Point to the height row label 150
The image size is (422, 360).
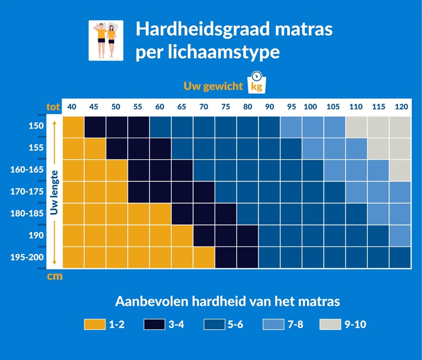pyautogui.click(x=36, y=126)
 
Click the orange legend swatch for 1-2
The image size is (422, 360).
pyautogui.click(x=94, y=324)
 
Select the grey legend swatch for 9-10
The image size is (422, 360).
pyautogui.click(x=330, y=324)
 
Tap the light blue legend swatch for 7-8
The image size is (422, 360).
pyautogui.click(x=273, y=324)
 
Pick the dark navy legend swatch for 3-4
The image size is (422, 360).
pyautogui.click(x=154, y=324)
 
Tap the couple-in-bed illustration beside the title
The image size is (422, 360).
pyautogui.click(x=105, y=40)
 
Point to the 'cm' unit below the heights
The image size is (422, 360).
pyautogui.click(x=54, y=277)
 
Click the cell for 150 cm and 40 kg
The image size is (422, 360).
pyautogui.click(x=73, y=127)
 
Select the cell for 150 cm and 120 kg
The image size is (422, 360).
pyautogui.click(x=400, y=127)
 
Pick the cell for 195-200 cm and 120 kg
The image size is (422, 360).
pyautogui.click(x=400, y=257)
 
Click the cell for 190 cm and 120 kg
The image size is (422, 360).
pyautogui.click(x=400, y=236)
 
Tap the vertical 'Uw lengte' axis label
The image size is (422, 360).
pyautogui.click(x=54, y=192)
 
